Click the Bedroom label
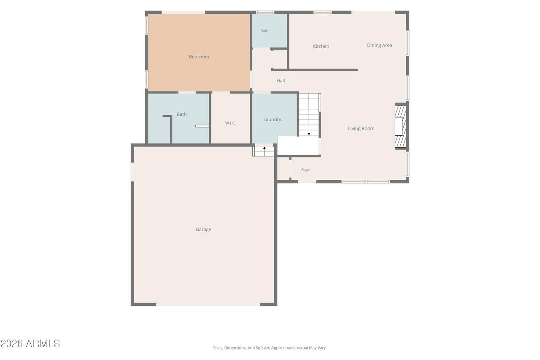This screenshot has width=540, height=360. point(199,57)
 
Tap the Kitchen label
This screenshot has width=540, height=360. point(321,46)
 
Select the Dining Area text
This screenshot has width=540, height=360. point(379,45)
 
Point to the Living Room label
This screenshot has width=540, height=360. point(361,129)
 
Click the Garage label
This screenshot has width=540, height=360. point(203,230)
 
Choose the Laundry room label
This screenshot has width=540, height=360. point(272,119)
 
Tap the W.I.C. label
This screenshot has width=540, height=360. point(230,123)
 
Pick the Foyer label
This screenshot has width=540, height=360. point(306,170)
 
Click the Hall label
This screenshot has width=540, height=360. point(281,81)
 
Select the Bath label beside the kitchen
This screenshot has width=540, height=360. point(264,31)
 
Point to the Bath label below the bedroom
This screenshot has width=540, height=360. point(181,114)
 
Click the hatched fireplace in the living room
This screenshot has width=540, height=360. point(400,126)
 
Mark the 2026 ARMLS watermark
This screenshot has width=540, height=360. point(30,344)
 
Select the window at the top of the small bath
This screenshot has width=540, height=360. point(265,12)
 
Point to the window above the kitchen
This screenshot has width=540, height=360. point(322,12)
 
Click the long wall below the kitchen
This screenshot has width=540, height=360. point(314,70)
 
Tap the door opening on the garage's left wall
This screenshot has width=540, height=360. point(132,172)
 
